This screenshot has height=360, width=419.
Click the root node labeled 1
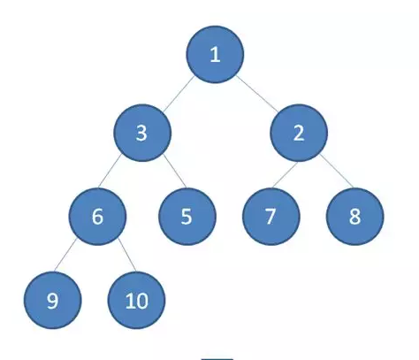pyautogui.click(x=215, y=54)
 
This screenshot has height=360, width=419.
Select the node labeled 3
pyautogui.click(x=142, y=133)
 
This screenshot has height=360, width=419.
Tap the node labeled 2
pyautogui.click(x=299, y=133)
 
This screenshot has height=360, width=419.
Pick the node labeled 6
pyautogui.click(x=98, y=217)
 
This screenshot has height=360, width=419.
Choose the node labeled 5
pyautogui.click(x=187, y=217)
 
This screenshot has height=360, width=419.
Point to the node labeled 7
pyautogui.click(x=271, y=217)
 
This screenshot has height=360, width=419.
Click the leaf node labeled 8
pyautogui.click(x=354, y=217)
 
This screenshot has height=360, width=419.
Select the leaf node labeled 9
pyautogui.click(x=53, y=300)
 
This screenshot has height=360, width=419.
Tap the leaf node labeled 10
pyautogui.click(x=136, y=300)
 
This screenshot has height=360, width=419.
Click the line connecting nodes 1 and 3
pyautogui.click(x=179, y=94)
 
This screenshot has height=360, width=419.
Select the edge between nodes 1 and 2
pyautogui.click(x=257, y=94)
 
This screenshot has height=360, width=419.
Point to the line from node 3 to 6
pyautogui.click(x=110, y=171)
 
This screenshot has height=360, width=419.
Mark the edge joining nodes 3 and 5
pyautogui.click(x=175, y=171)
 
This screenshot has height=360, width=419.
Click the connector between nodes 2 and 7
pyautogui.click(x=285, y=174)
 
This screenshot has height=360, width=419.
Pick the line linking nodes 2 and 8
pyautogui.click(x=337, y=171)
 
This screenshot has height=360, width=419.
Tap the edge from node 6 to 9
pyautogui.click(x=65, y=255)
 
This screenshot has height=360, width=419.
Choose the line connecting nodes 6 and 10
pyautogui.click(x=127, y=255)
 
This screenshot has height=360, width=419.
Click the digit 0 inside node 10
pyautogui.click(x=142, y=302)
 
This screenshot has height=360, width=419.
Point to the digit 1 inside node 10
pyautogui.click(x=130, y=301)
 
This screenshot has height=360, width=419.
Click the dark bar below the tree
pyautogui.click(x=217, y=359)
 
